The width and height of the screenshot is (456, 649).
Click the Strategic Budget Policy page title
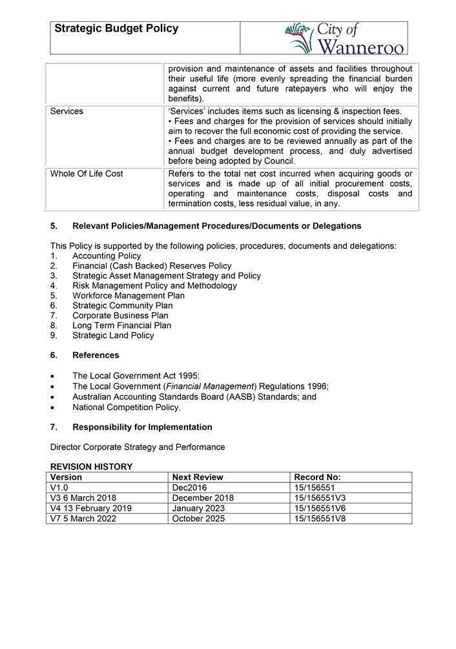click(x=116, y=29)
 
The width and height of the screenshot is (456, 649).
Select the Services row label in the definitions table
click(x=67, y=111)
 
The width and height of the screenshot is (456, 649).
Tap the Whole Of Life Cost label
click(x=87, y=174)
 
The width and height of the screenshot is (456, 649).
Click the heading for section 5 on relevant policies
click(x=216, y=226)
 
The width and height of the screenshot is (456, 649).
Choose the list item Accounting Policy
click(x=107, y=256)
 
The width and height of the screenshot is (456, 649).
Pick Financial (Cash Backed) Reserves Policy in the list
click(x=152, y=265)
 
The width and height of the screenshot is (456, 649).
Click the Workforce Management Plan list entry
click(x=128, y=296)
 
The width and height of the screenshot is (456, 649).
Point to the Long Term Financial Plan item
click(x=121, y=325)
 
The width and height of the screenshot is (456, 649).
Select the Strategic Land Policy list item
click(x=113, y=335)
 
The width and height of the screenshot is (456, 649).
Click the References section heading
click(x=96, y=355)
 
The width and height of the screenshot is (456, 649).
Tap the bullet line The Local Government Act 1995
click(x=136, y=376)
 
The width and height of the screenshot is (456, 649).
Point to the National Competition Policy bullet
click(x=127, y=407)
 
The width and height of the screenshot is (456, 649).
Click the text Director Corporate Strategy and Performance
click(x=138, y=447)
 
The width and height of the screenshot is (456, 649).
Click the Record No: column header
click(x=317, y=477)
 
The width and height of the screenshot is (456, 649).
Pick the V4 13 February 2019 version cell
click(x=91, y=508)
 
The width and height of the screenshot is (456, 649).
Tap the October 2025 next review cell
click(x=198, y=519)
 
